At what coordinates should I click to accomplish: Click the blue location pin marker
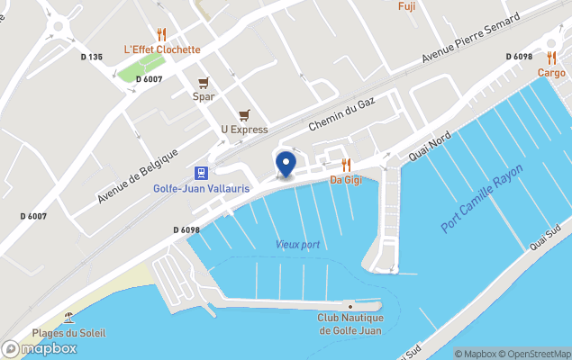click(x=286, y=165)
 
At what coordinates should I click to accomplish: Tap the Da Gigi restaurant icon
click(x=346, y=165)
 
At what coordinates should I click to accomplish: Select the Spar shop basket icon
click(x=204, y=82)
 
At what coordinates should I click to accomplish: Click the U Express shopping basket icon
click(x=244, y=115)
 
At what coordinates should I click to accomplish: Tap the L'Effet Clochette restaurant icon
click(x=162, y=34)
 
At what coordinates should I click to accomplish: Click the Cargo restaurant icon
click(x=551, y=58)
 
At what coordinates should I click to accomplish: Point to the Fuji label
click(x=406, y=5)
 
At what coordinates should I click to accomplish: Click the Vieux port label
click(x=297, y=245)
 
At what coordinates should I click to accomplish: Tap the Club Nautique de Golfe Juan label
click(x=350, y=324)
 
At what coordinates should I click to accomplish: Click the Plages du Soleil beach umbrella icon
click(x=69, y=318)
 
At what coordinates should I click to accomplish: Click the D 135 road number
click(x=91, y=57)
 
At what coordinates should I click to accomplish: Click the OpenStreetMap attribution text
click(x=538, y=354)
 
